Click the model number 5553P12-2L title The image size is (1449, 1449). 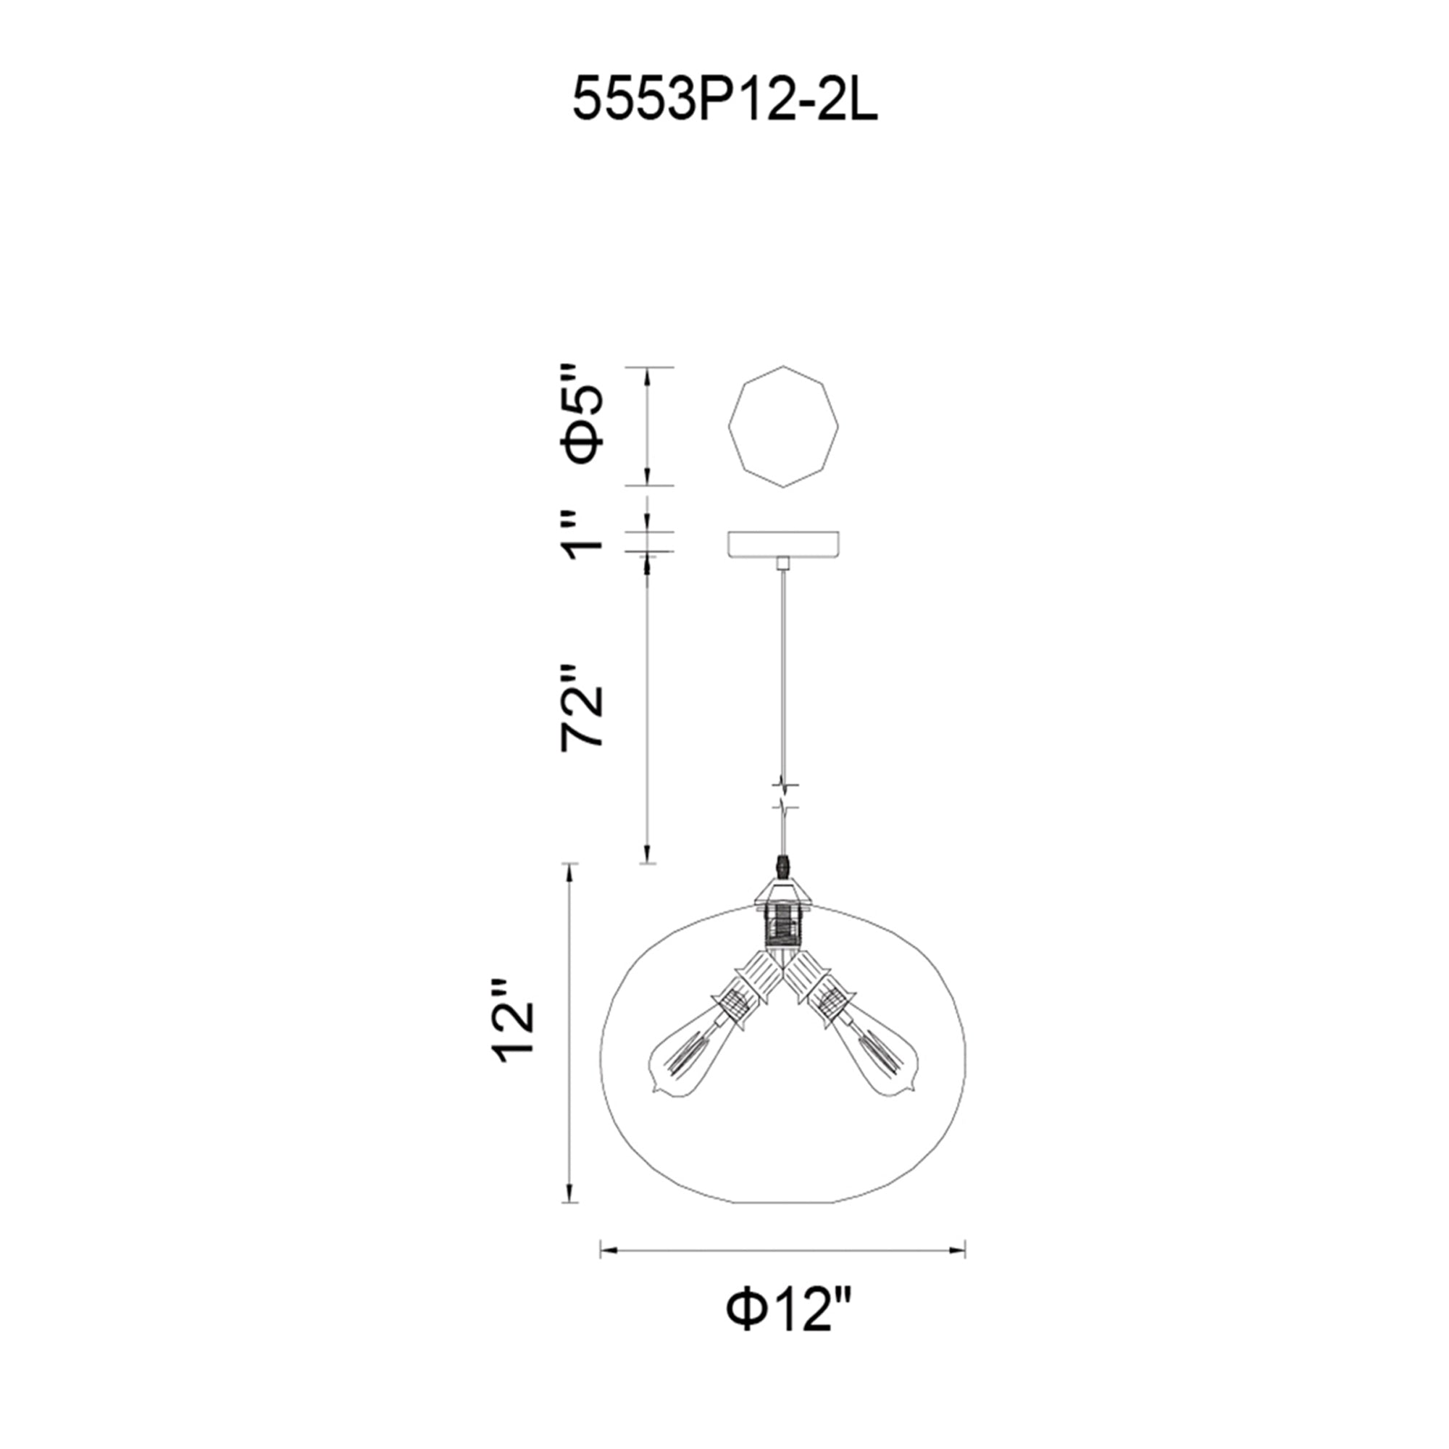(x=724, y=100)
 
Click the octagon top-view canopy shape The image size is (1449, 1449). (x=784, y=427)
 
